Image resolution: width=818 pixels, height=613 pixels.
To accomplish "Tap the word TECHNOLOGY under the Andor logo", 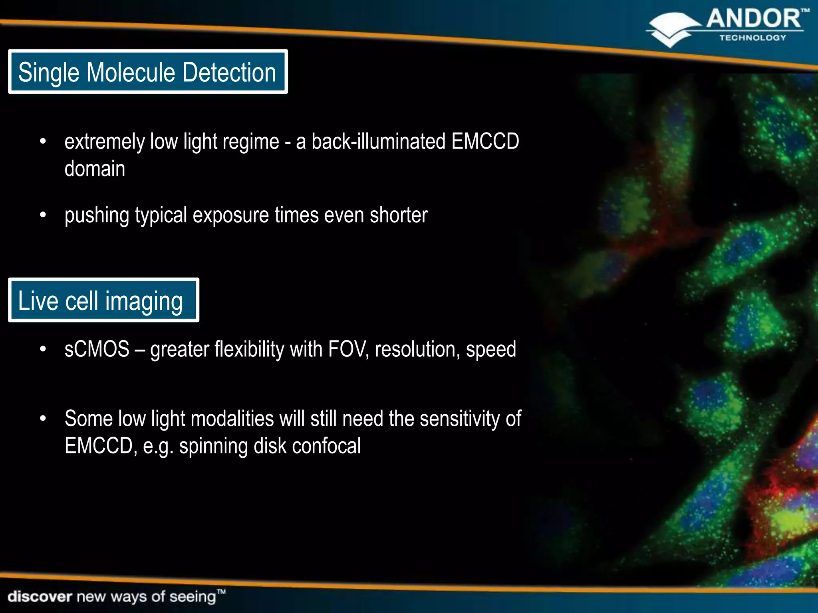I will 752,38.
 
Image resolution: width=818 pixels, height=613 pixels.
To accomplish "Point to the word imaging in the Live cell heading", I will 144,301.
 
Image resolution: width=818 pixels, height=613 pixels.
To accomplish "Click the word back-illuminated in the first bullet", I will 378,142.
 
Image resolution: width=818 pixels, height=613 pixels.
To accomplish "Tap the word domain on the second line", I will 95,169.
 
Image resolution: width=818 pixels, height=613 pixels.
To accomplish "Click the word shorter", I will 398,216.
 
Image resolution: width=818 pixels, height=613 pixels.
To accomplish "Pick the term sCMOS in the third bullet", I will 97,350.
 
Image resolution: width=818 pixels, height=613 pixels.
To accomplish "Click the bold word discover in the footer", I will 40,597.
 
